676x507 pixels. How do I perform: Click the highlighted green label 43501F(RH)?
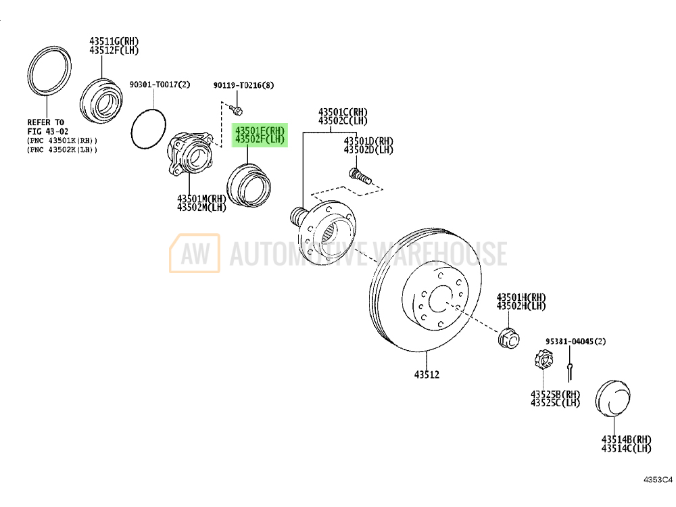coord(260,130)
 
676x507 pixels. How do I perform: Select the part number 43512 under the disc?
coord(427,375)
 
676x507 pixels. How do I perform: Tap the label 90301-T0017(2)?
coord(160,84)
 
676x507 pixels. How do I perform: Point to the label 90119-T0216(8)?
coord(243,85)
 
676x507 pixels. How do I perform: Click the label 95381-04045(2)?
coord(575,341)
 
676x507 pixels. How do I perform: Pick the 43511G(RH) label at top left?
coord(114,41)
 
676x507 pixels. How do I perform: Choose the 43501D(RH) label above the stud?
coord(368,141)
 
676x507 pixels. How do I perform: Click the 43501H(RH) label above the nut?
coord(521,297)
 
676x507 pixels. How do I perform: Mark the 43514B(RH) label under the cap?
coord(627,439)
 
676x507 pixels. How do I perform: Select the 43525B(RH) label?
coord(555,395)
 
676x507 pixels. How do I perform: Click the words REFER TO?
coord(46,122)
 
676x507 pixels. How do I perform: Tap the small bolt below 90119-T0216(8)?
coord(236,110)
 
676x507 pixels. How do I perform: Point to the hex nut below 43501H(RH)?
coord(509,339)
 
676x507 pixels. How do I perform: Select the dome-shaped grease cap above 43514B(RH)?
coord(612,398)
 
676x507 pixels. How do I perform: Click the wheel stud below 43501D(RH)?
coord(360,176)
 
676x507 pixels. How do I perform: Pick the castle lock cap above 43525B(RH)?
coord(544,360)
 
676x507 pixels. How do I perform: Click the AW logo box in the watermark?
coord(195,253)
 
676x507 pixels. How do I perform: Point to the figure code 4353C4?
coord(658,480)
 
